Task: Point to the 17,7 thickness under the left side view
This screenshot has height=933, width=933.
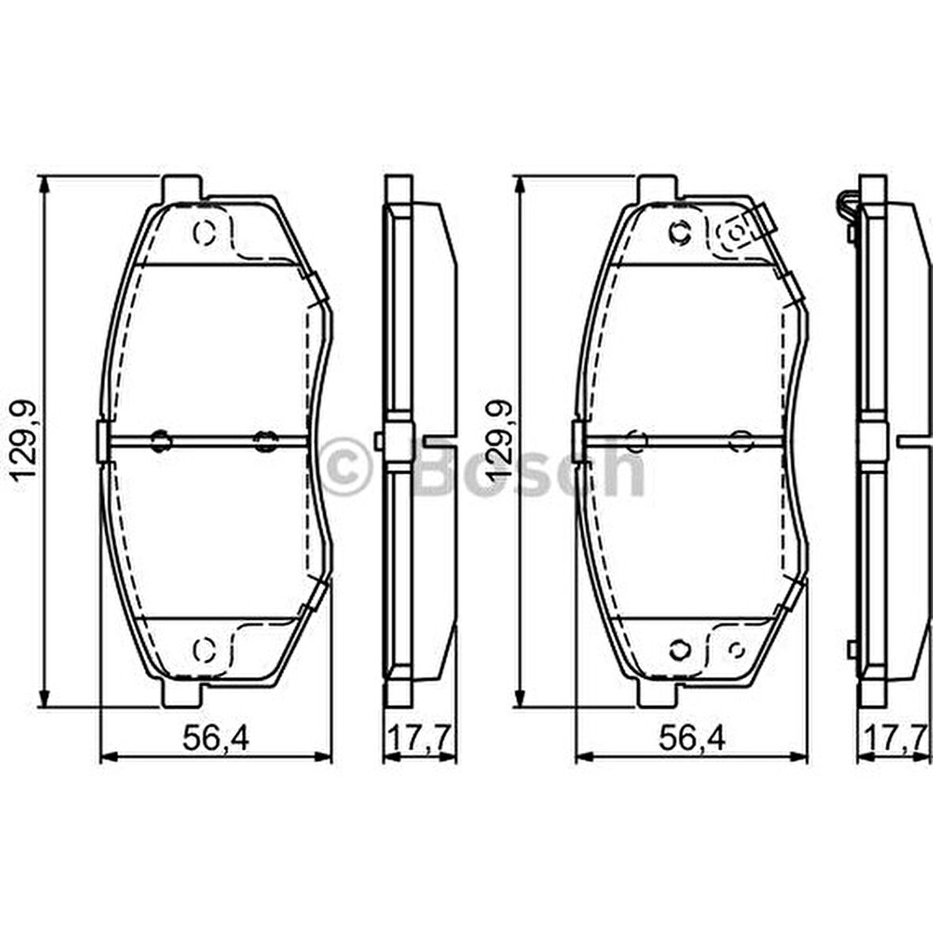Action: coord(419,738)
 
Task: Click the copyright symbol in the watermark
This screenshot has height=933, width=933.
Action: coord(345,466)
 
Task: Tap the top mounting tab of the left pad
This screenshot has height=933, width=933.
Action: coord(182,188)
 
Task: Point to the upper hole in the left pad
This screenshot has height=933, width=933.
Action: coord(204,233)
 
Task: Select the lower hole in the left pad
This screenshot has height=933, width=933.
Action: coord(204,649)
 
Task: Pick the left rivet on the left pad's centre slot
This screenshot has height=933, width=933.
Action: coord(161,440)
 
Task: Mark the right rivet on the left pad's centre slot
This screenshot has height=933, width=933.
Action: coord(265,440)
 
